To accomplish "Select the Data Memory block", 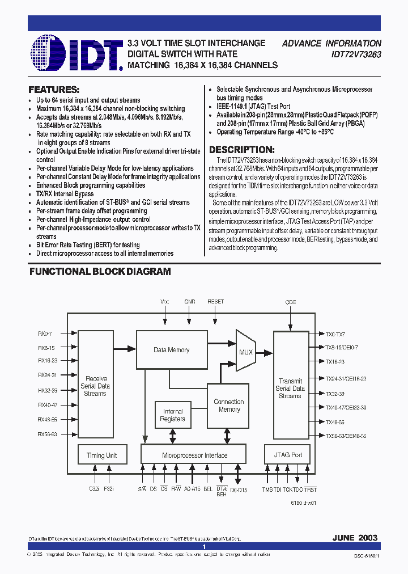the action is pos(171,350).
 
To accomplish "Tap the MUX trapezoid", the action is pos(246,352).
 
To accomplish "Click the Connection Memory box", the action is pos(229,405).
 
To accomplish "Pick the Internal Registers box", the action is pos(173,415).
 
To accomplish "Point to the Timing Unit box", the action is pos(101,455).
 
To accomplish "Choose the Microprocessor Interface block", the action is pos(194,455).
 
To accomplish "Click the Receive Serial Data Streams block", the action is pos(95,386).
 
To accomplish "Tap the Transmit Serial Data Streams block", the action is pos(290,389).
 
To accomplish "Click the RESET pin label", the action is pos(215,302).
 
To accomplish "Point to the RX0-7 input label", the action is pos(45,334).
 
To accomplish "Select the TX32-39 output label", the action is pos(335,393).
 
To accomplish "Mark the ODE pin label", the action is pos(291,302).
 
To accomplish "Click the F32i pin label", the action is pos(108,488).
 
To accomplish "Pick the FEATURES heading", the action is pos(54,90).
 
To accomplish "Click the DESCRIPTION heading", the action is pos(242,150).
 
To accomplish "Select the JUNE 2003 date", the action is pos(355,537).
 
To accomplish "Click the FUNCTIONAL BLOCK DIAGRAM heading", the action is pos(100,272).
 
